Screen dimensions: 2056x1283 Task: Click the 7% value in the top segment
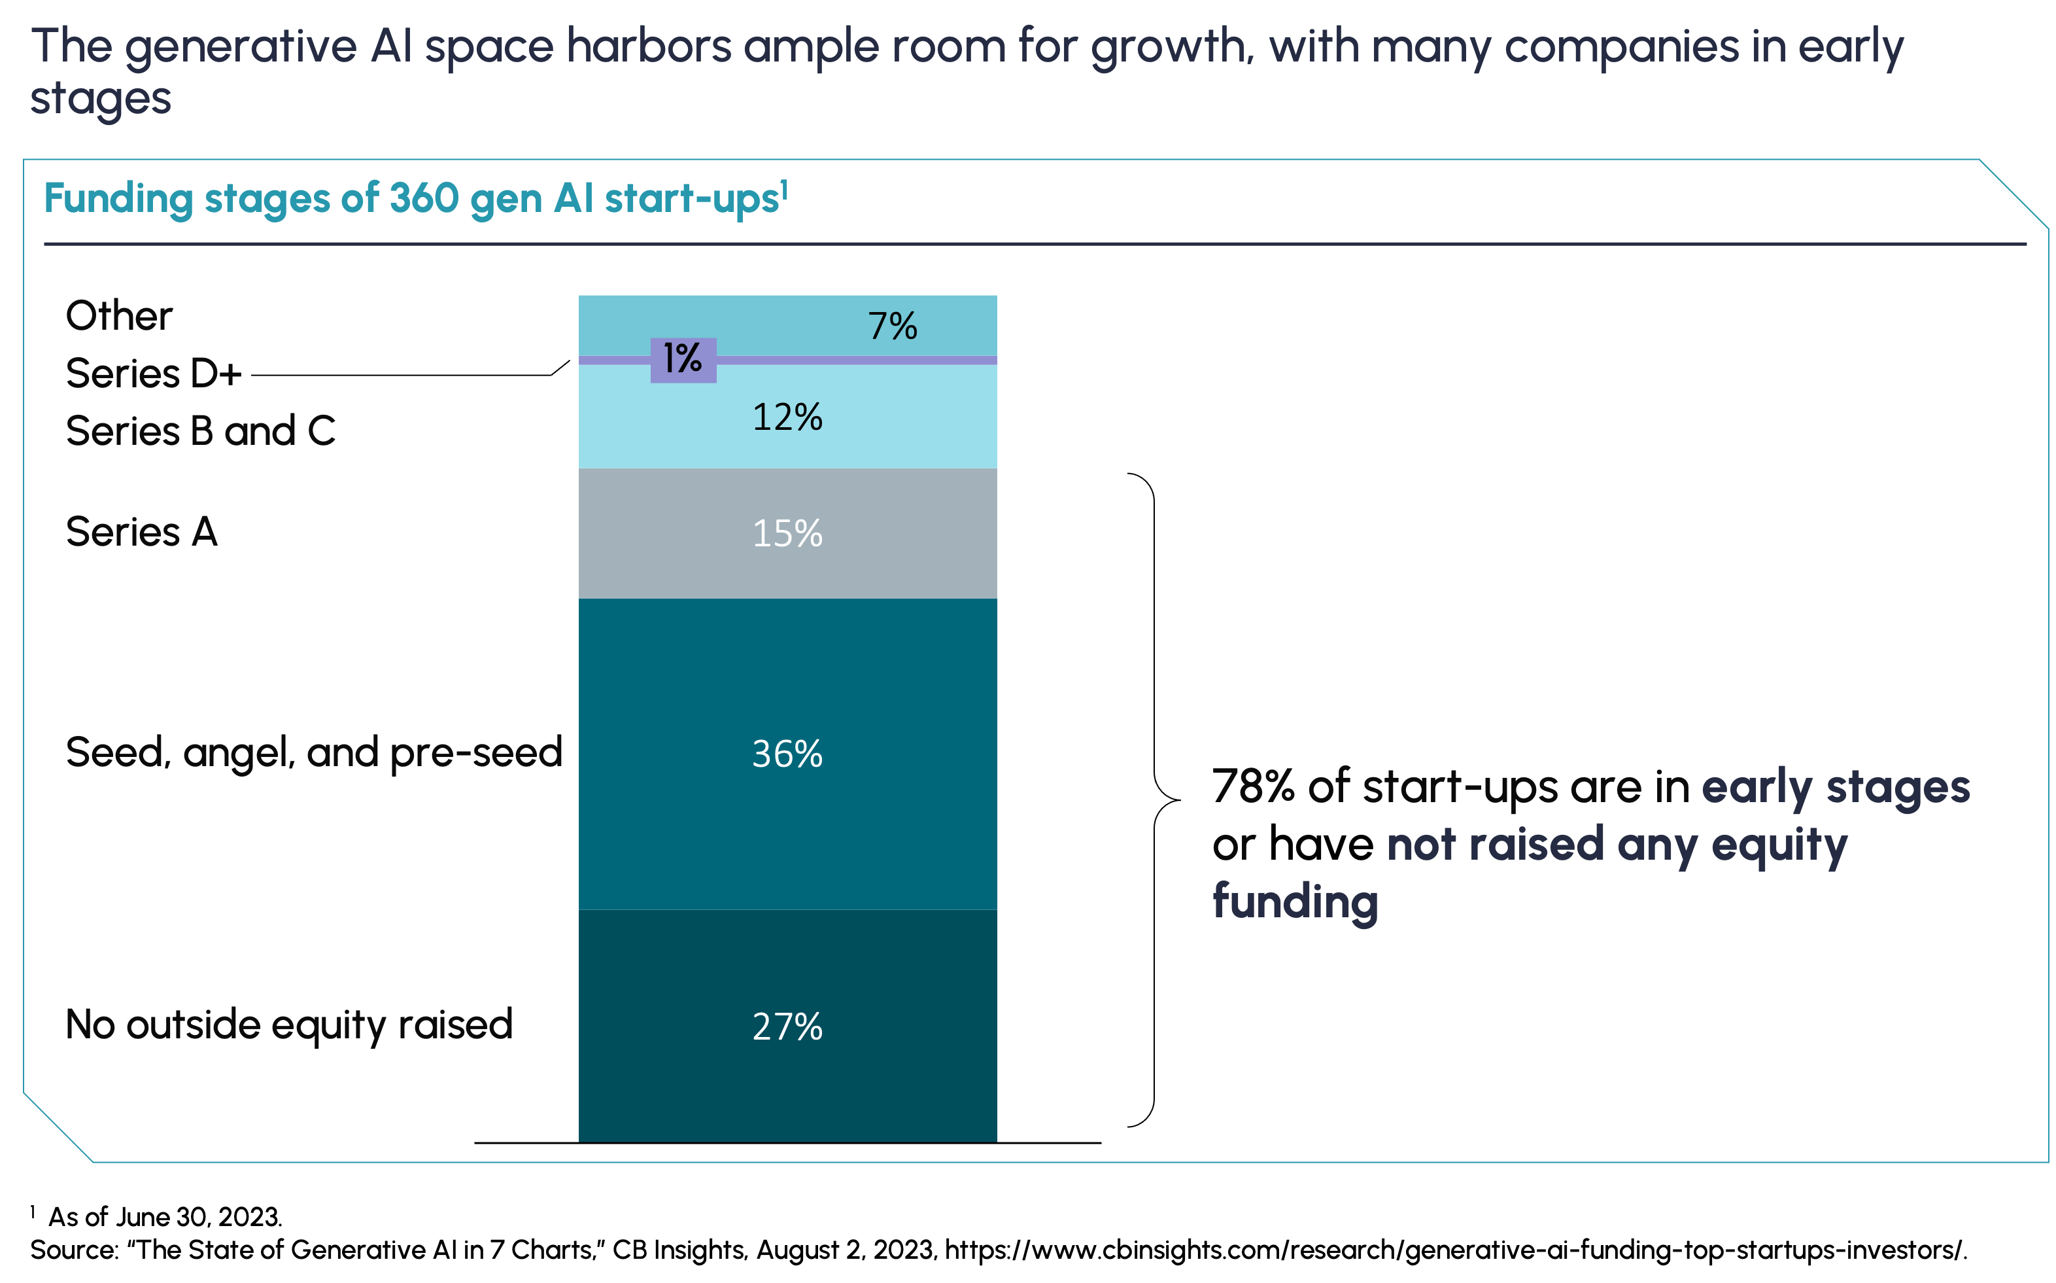coord(892,326)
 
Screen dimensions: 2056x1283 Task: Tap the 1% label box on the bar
coord(683,360)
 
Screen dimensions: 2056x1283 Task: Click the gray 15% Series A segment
coord(787,533)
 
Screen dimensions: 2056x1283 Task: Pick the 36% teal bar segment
coord(787,754)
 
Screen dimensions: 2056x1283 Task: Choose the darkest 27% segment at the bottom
coord(787,1026)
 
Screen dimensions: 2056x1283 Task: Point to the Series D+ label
coord(154,374)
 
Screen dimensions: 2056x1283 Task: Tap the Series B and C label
coord(200,431)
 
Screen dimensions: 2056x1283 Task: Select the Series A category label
coord(142,532)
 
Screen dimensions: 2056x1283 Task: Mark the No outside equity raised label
coord(289,1025)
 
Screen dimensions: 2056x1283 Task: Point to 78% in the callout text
coord(1253,786)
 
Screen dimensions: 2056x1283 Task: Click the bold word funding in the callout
coord(1295,901)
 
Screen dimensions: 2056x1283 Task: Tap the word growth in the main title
coord(1171,48)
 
